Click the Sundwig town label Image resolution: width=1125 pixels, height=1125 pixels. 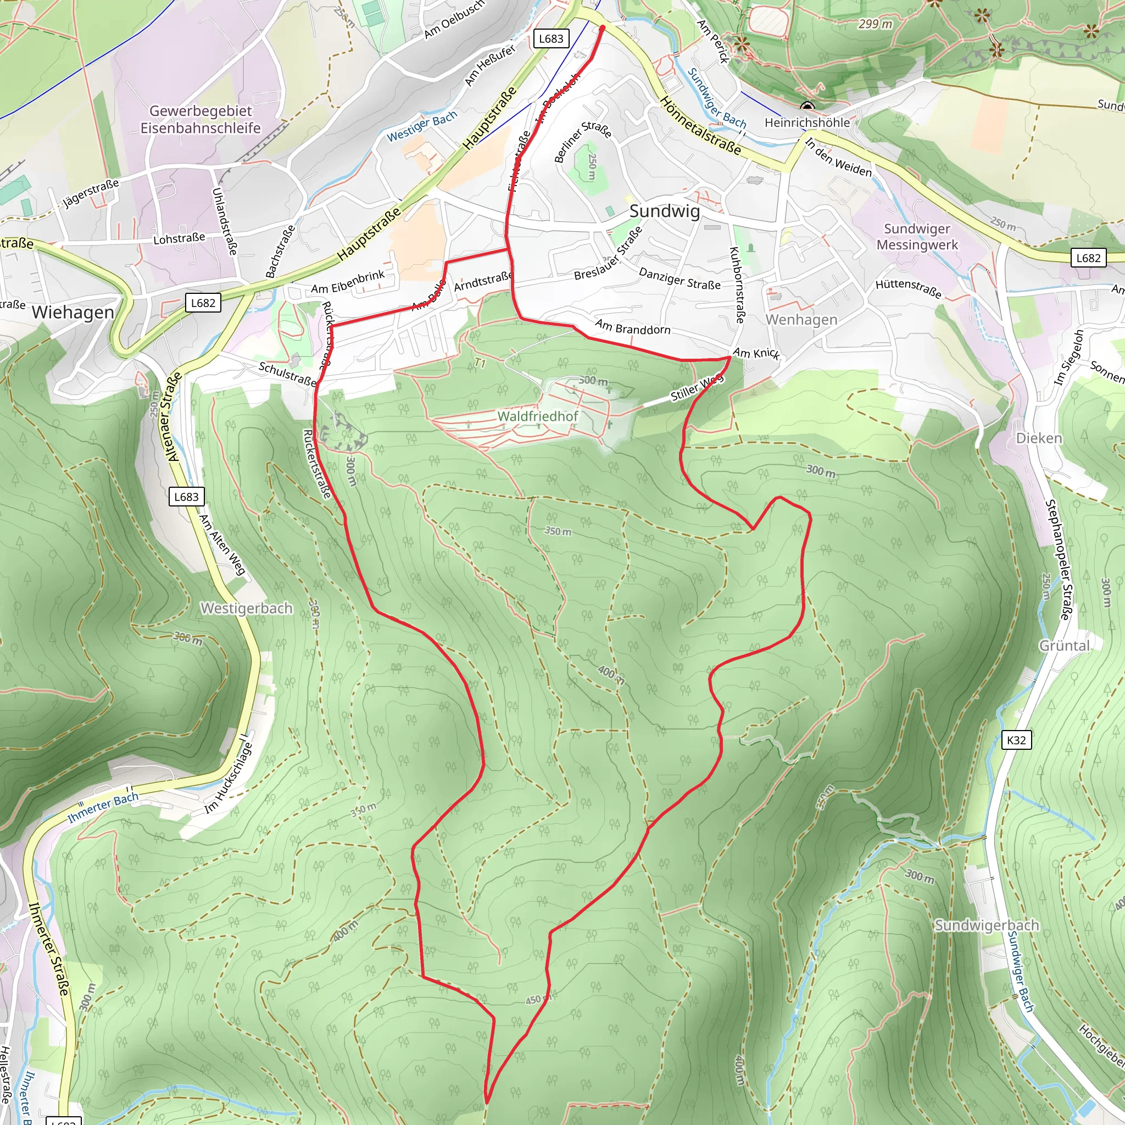click(x=665, y=211)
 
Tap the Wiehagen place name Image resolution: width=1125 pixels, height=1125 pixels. click(x=73, y=312)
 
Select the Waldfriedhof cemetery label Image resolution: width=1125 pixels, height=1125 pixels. click(x=537, y=416)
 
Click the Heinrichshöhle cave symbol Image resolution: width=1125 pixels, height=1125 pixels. click(x=807, y=107)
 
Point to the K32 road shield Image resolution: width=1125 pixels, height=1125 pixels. click(x=1016, y=740)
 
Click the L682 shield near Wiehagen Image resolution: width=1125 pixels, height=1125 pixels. click(x=203, y=303)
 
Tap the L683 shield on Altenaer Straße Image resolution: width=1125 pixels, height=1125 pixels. click(x=186, y=497)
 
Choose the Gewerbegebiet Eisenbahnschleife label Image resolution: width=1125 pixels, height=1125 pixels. click(x=201, y=119)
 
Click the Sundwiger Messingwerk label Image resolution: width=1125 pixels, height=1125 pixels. click(x=917, y=236)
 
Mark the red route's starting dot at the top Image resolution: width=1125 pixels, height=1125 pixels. click(x=602, y=27)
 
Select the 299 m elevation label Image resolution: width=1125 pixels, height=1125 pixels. click(x=875, y=24)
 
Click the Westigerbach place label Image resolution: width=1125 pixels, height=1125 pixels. click(x=246, y=608)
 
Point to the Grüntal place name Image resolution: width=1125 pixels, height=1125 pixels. click(x=1065, y=645)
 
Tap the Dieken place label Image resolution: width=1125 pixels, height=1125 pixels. click(x=1039, y=438)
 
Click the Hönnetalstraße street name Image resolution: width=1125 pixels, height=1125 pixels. click(x=701, y=126)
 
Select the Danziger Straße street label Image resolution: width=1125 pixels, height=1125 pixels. click(x=680, y=279)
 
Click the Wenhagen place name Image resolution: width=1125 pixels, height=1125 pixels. click(x=801, y=319)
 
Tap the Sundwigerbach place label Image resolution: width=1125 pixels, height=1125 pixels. click(x=987, y=925)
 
